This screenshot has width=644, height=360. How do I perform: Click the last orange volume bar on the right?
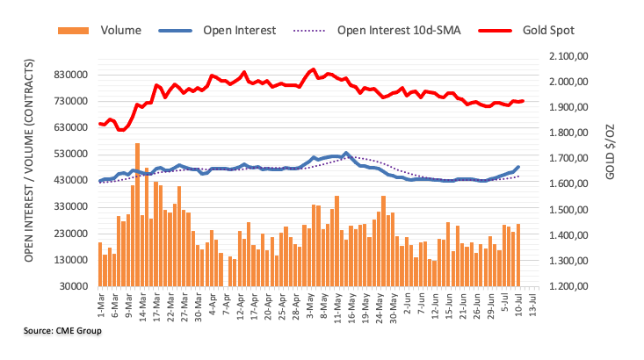(x=518, y=255)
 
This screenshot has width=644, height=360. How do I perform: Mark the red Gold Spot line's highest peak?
(x=313, y=69)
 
